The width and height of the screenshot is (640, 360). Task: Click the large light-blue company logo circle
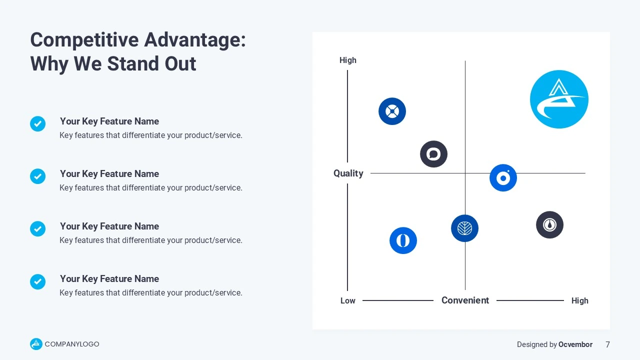click(559, 99)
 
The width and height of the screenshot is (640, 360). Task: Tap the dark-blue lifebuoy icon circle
click(392, 111)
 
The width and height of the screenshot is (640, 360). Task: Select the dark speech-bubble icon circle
click(433, 154)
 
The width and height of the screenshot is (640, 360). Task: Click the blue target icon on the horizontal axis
click(503, 177)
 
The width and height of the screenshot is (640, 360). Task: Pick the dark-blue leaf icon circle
click(465, 228)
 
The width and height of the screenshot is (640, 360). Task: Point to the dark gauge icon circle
click(549, 225)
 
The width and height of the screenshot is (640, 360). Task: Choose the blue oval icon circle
click(403, 240)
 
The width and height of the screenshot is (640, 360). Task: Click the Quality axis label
click(348, 173)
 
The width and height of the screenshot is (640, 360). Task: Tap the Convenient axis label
click(465, 300)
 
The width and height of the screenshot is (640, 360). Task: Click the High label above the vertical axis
click(347, 60)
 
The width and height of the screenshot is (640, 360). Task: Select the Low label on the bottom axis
click(347, 300)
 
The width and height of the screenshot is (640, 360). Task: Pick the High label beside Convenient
click(579, 300)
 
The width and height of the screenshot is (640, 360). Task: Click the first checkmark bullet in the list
click(37, 123)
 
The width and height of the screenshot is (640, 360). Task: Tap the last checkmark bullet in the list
click(37, 281)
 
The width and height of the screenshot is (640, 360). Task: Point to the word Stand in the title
click(131, 63)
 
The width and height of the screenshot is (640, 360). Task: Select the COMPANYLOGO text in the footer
click(72, 344)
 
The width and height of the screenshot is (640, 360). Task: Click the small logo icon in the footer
click(36, 344)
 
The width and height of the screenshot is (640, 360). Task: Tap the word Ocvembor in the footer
click(575, 344)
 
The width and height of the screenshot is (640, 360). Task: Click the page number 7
click(607, 344)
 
